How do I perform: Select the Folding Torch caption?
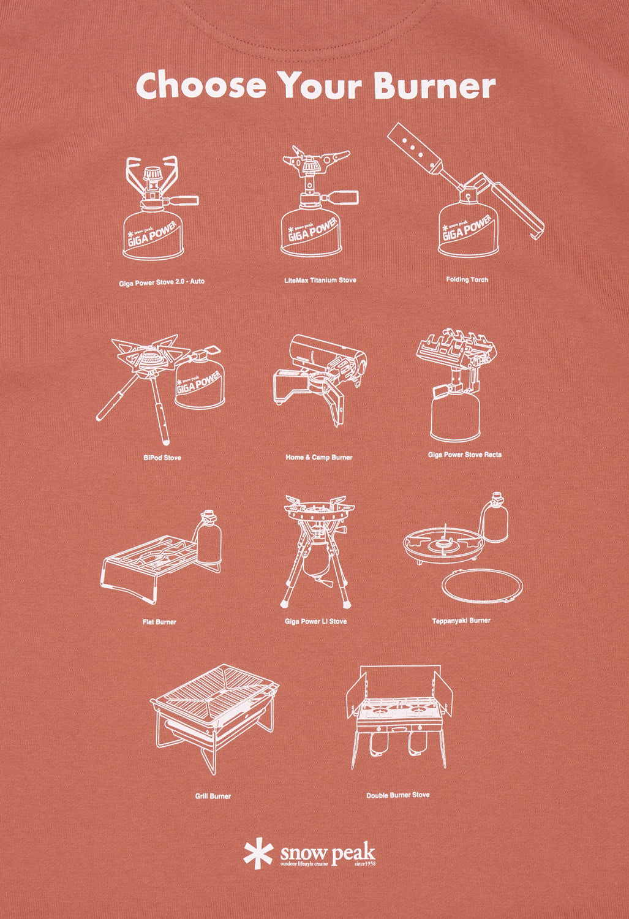click(467, 280)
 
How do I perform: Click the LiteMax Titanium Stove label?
click(320, 280)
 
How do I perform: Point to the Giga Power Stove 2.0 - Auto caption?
click(162, 282)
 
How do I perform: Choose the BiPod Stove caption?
click(162, 458)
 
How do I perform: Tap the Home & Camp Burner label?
click(319, 457)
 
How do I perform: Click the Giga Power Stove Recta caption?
click(465, 455)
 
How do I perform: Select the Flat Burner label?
click(159, 622)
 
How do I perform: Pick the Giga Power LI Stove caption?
click(316, 622)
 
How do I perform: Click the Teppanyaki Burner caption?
click(461, 620)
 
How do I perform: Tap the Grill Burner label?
click(213, 796)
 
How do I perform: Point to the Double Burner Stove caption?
click(397, 795)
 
